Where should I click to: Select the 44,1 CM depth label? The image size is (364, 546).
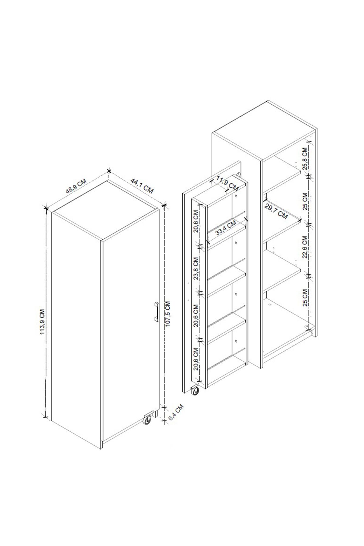pos(142,186)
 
